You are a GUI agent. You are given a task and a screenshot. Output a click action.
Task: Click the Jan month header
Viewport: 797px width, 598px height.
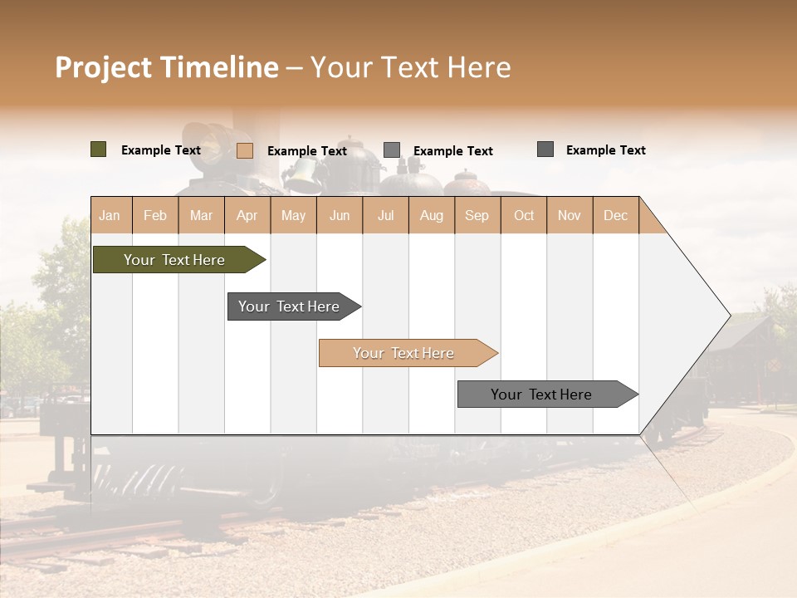[110, 215]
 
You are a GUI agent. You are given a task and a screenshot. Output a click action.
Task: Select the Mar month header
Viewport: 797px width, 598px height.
[201, 215]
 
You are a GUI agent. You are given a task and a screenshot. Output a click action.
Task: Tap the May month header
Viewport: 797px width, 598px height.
[293, 215]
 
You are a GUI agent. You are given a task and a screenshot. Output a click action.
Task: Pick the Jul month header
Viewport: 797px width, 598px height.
[385, 215]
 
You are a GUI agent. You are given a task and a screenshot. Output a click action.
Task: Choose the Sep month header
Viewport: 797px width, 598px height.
[477, 215]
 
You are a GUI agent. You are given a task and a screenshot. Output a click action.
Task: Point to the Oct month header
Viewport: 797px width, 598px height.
[524, 215]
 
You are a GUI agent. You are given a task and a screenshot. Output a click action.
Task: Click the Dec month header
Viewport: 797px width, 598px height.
[615, 215]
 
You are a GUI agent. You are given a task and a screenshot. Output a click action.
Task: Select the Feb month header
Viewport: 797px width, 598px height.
[155, 215]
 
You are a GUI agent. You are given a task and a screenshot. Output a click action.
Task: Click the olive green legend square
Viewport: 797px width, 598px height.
[98, 149]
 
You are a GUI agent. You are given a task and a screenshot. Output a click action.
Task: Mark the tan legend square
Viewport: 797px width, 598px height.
[245, 150]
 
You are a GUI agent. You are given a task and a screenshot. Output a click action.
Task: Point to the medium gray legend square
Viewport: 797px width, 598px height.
[392, 149]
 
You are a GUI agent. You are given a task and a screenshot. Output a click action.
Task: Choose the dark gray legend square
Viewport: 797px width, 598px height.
[545, 149]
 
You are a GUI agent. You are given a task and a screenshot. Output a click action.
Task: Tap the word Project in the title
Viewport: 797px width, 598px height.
[104, 67]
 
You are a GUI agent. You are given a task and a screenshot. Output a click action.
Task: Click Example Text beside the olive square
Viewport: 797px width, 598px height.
[161, 150]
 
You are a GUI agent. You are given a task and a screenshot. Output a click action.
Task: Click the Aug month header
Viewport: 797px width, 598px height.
[431, 215]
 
